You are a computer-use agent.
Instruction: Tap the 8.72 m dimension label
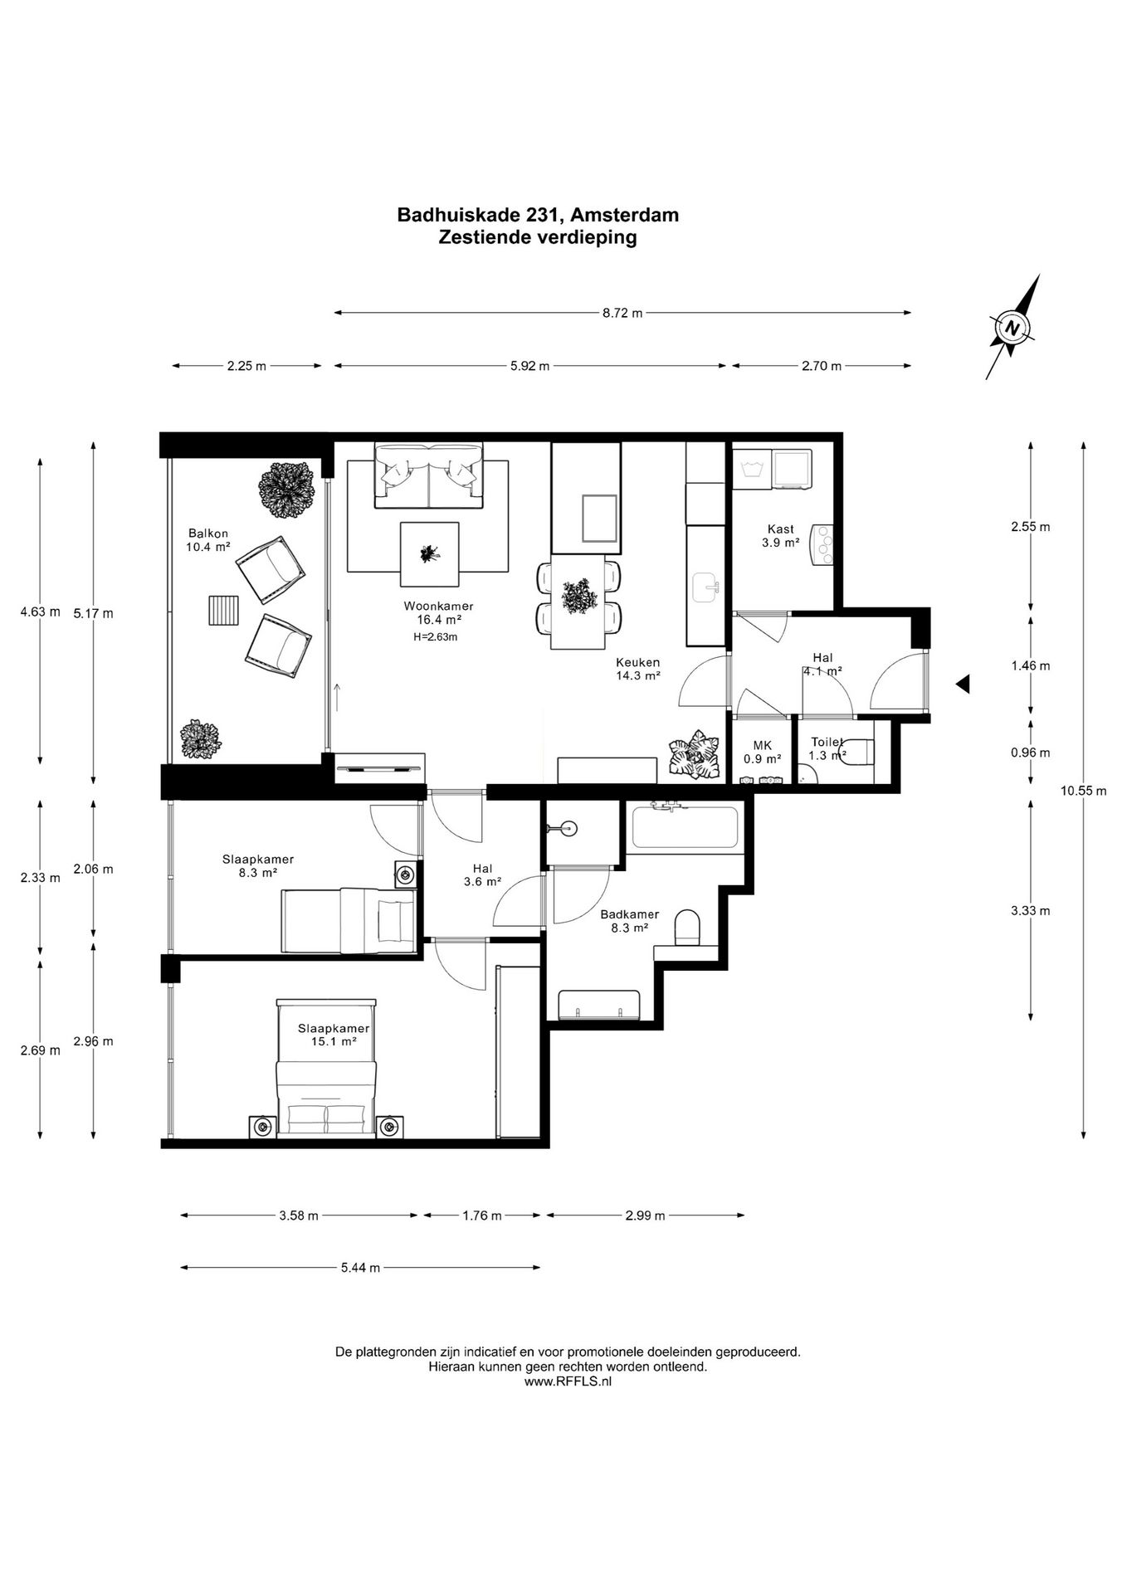622,313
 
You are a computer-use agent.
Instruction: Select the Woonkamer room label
438,606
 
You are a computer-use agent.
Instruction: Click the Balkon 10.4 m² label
208,540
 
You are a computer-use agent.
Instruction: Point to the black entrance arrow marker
963,684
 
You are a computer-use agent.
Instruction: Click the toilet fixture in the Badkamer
688,927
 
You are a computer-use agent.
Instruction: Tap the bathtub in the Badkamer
685,826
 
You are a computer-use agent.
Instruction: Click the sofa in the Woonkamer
428,475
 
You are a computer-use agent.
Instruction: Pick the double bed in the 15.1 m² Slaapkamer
327,1069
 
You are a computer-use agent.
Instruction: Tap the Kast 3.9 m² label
780,536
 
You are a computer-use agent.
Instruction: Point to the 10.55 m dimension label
1083,791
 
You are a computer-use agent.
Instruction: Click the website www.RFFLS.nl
568,1381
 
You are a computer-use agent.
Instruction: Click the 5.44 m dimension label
361,1268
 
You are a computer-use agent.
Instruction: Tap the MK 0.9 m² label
762,752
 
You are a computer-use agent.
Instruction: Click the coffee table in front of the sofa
430,553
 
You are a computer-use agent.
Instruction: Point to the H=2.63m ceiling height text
436,637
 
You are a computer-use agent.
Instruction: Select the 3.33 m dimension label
1030,910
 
